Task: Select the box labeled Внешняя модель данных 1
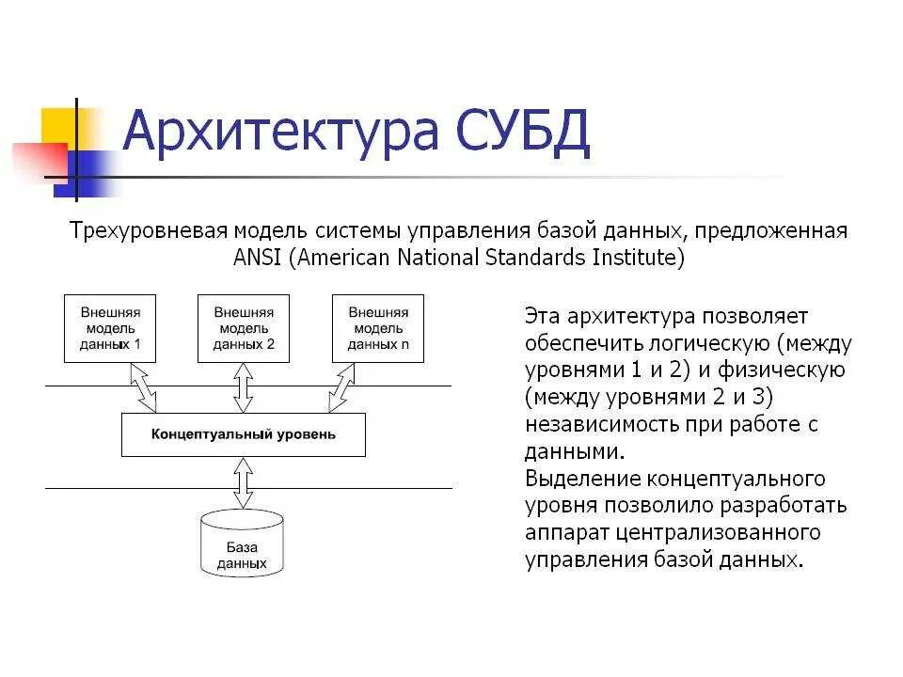(x=109, y=328)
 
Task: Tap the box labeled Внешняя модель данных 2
(x=244, y=328)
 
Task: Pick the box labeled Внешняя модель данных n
(x=377, y=328)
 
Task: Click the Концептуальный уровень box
(x=244, y=435)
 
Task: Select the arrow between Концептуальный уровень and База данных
(x=244, y=482)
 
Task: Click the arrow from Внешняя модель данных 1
(x=143, y=387)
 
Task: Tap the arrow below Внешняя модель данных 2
(x=244, y=386)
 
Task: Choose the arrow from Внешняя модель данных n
(x=343, y=387)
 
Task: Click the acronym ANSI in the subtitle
(x=258, y=258)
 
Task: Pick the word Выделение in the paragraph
(x=570, y=479)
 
